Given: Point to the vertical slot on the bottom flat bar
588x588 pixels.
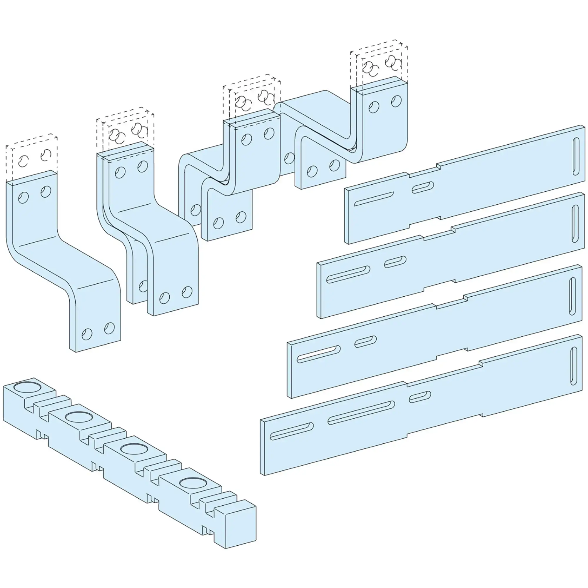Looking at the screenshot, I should [x=574, y=366].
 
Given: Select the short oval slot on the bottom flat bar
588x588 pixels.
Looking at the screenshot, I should [x=420, y=397].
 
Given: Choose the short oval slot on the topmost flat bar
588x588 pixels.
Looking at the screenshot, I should [x=423, y=186].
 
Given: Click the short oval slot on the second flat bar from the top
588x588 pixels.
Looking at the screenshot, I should [x=395, y=262].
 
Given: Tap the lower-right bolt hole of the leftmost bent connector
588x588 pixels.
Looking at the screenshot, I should [x=109, y=328].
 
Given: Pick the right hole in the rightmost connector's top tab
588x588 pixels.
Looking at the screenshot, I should [x=396, y=101].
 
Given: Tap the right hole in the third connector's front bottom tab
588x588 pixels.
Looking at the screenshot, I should [x=241, y=217].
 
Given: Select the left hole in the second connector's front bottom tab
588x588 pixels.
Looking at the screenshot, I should [x=164, y=298].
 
